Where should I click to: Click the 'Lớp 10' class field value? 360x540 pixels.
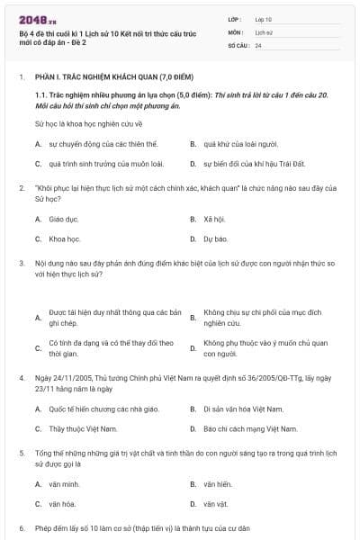(264, 18)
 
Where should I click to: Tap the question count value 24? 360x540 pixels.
(258, 45)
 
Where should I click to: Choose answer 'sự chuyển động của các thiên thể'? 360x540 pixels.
(90, 143)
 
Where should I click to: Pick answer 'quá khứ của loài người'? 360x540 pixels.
(233, 143)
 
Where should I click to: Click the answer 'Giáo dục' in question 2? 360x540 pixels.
(64, 219)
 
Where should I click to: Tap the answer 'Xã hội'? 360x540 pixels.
(213, 219)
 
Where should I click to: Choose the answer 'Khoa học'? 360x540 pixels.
(66, 239)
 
